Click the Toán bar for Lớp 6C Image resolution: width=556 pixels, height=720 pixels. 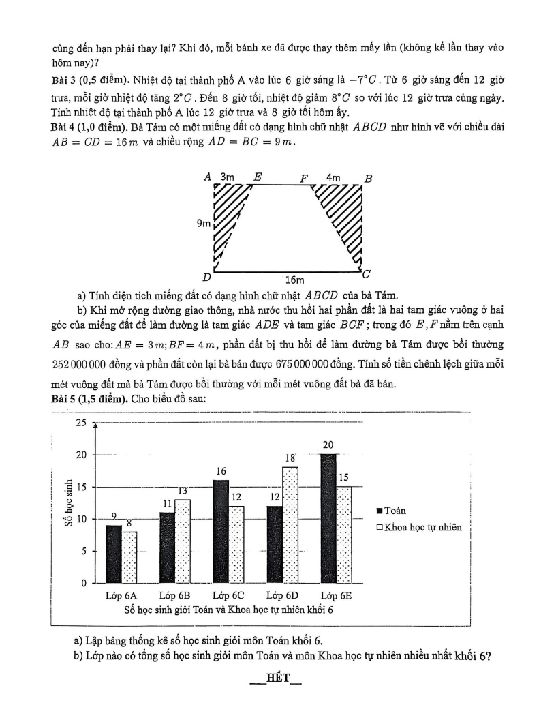[x=221, y=531]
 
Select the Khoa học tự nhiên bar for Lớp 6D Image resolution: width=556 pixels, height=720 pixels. [x=290, y=525]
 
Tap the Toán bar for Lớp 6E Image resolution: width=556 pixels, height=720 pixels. [x=328, y=518]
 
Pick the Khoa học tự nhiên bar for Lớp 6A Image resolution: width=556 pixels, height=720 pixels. [x=130, y=557]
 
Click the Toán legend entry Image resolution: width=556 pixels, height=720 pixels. [x=390, y=510]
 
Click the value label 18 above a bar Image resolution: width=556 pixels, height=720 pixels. [x=290, y=459]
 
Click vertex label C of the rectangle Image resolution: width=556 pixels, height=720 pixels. [x=367, y=275]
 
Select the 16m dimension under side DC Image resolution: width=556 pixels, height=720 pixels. [x=294, y=280]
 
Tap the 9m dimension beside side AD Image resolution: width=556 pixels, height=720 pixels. [x=204, y=223]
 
